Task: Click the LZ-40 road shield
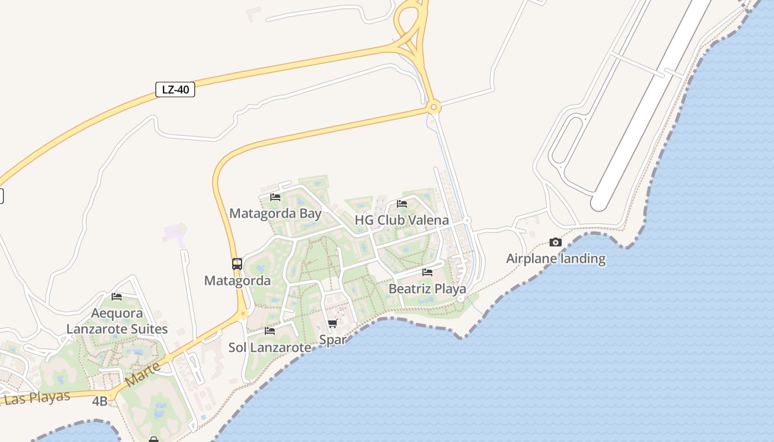coord(175,90)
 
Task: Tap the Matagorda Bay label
coord(275,213)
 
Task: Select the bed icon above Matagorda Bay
coord(275,197)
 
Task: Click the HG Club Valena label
coord(402,220)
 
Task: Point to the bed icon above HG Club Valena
coord(402,204)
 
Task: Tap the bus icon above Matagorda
coord(237,264)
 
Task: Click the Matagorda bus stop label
coord(238,281)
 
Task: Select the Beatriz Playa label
coord(427,288)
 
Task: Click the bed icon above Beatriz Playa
coord(427,272)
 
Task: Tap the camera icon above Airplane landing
coord(556,242)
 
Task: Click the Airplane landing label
coord(556,259)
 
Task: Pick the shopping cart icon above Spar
coord(332,324)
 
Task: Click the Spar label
coord(333,340)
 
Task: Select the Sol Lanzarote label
coord(270,348)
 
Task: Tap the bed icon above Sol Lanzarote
coord(270,331)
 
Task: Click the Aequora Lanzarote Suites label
coord(117,321)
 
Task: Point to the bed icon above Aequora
coord(117,297)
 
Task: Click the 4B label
coord(100,401)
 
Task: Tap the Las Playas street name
coord(37,398)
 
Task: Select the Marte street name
coord(143,374)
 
